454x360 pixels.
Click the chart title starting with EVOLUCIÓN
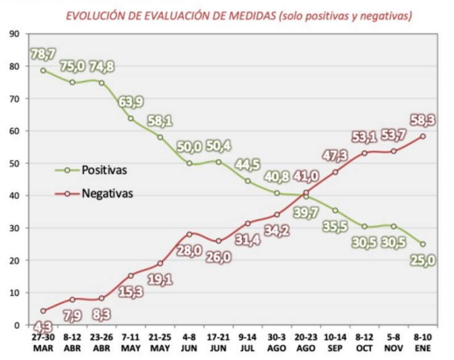(x=238, y=15)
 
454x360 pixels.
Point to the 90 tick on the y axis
(x=15, y=33)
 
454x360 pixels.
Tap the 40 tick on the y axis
(x=15, y=196)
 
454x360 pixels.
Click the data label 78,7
(x=44, y=54)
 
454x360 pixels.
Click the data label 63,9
(x=131, y=103)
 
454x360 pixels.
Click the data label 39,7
(x=306, y=211)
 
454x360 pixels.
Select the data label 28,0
(x=189, y=250)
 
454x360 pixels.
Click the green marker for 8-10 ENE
(x=423, y=244)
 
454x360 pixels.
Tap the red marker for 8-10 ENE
(x=423, y=136)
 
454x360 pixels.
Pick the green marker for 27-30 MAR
(x=43, y=70)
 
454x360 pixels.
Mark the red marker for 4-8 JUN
(x=190, y=234)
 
